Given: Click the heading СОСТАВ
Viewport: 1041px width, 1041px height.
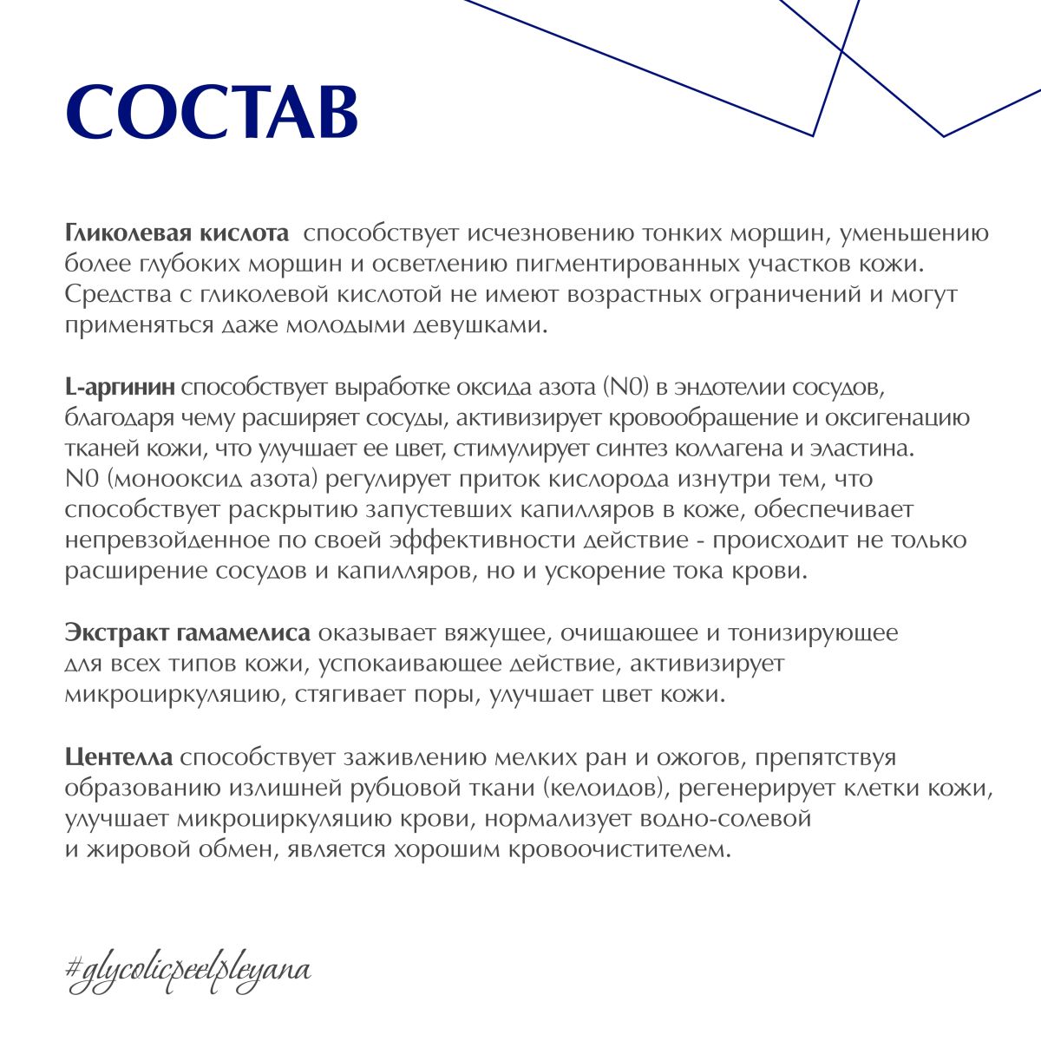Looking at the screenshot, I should tap(212, 112).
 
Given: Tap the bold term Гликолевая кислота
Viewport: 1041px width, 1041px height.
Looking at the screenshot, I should tap(177, 233).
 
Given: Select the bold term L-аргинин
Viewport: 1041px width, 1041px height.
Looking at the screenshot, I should tap(121, 386).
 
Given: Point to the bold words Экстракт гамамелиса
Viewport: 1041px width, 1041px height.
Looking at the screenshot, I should tap(187, 632).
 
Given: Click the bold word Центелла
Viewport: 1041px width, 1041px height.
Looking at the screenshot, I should tap(119, 757).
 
